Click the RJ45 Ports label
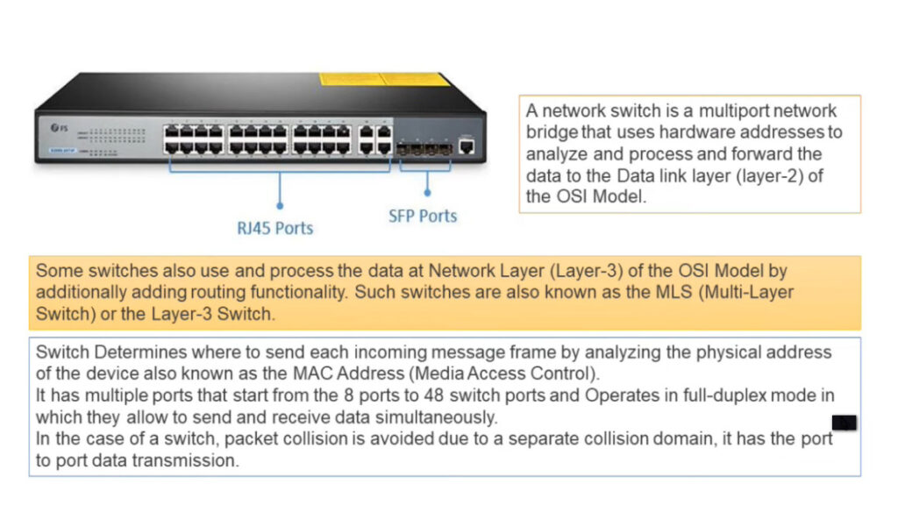(274, 229)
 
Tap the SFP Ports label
(423, 217)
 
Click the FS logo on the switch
(59, 128)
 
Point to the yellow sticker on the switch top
(384, 79)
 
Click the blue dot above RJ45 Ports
(280, 205)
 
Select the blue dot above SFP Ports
(427, 193)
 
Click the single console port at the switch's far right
(467, 146)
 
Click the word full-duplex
(724, 395)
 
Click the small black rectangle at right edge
(845, 423)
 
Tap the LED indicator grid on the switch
(111, 141)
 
